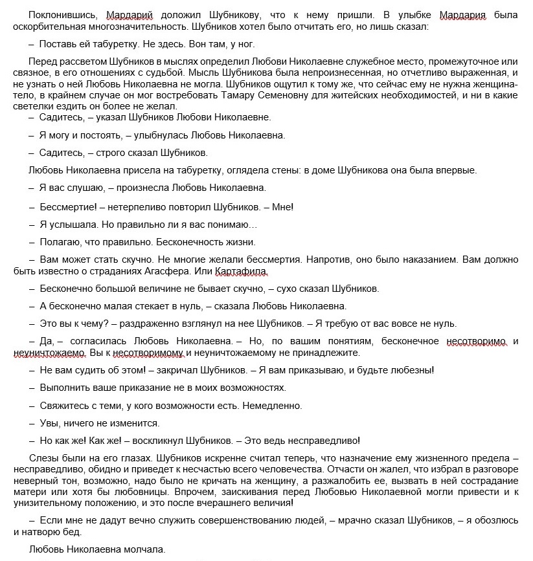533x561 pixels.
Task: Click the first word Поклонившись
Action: (58, 15)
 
